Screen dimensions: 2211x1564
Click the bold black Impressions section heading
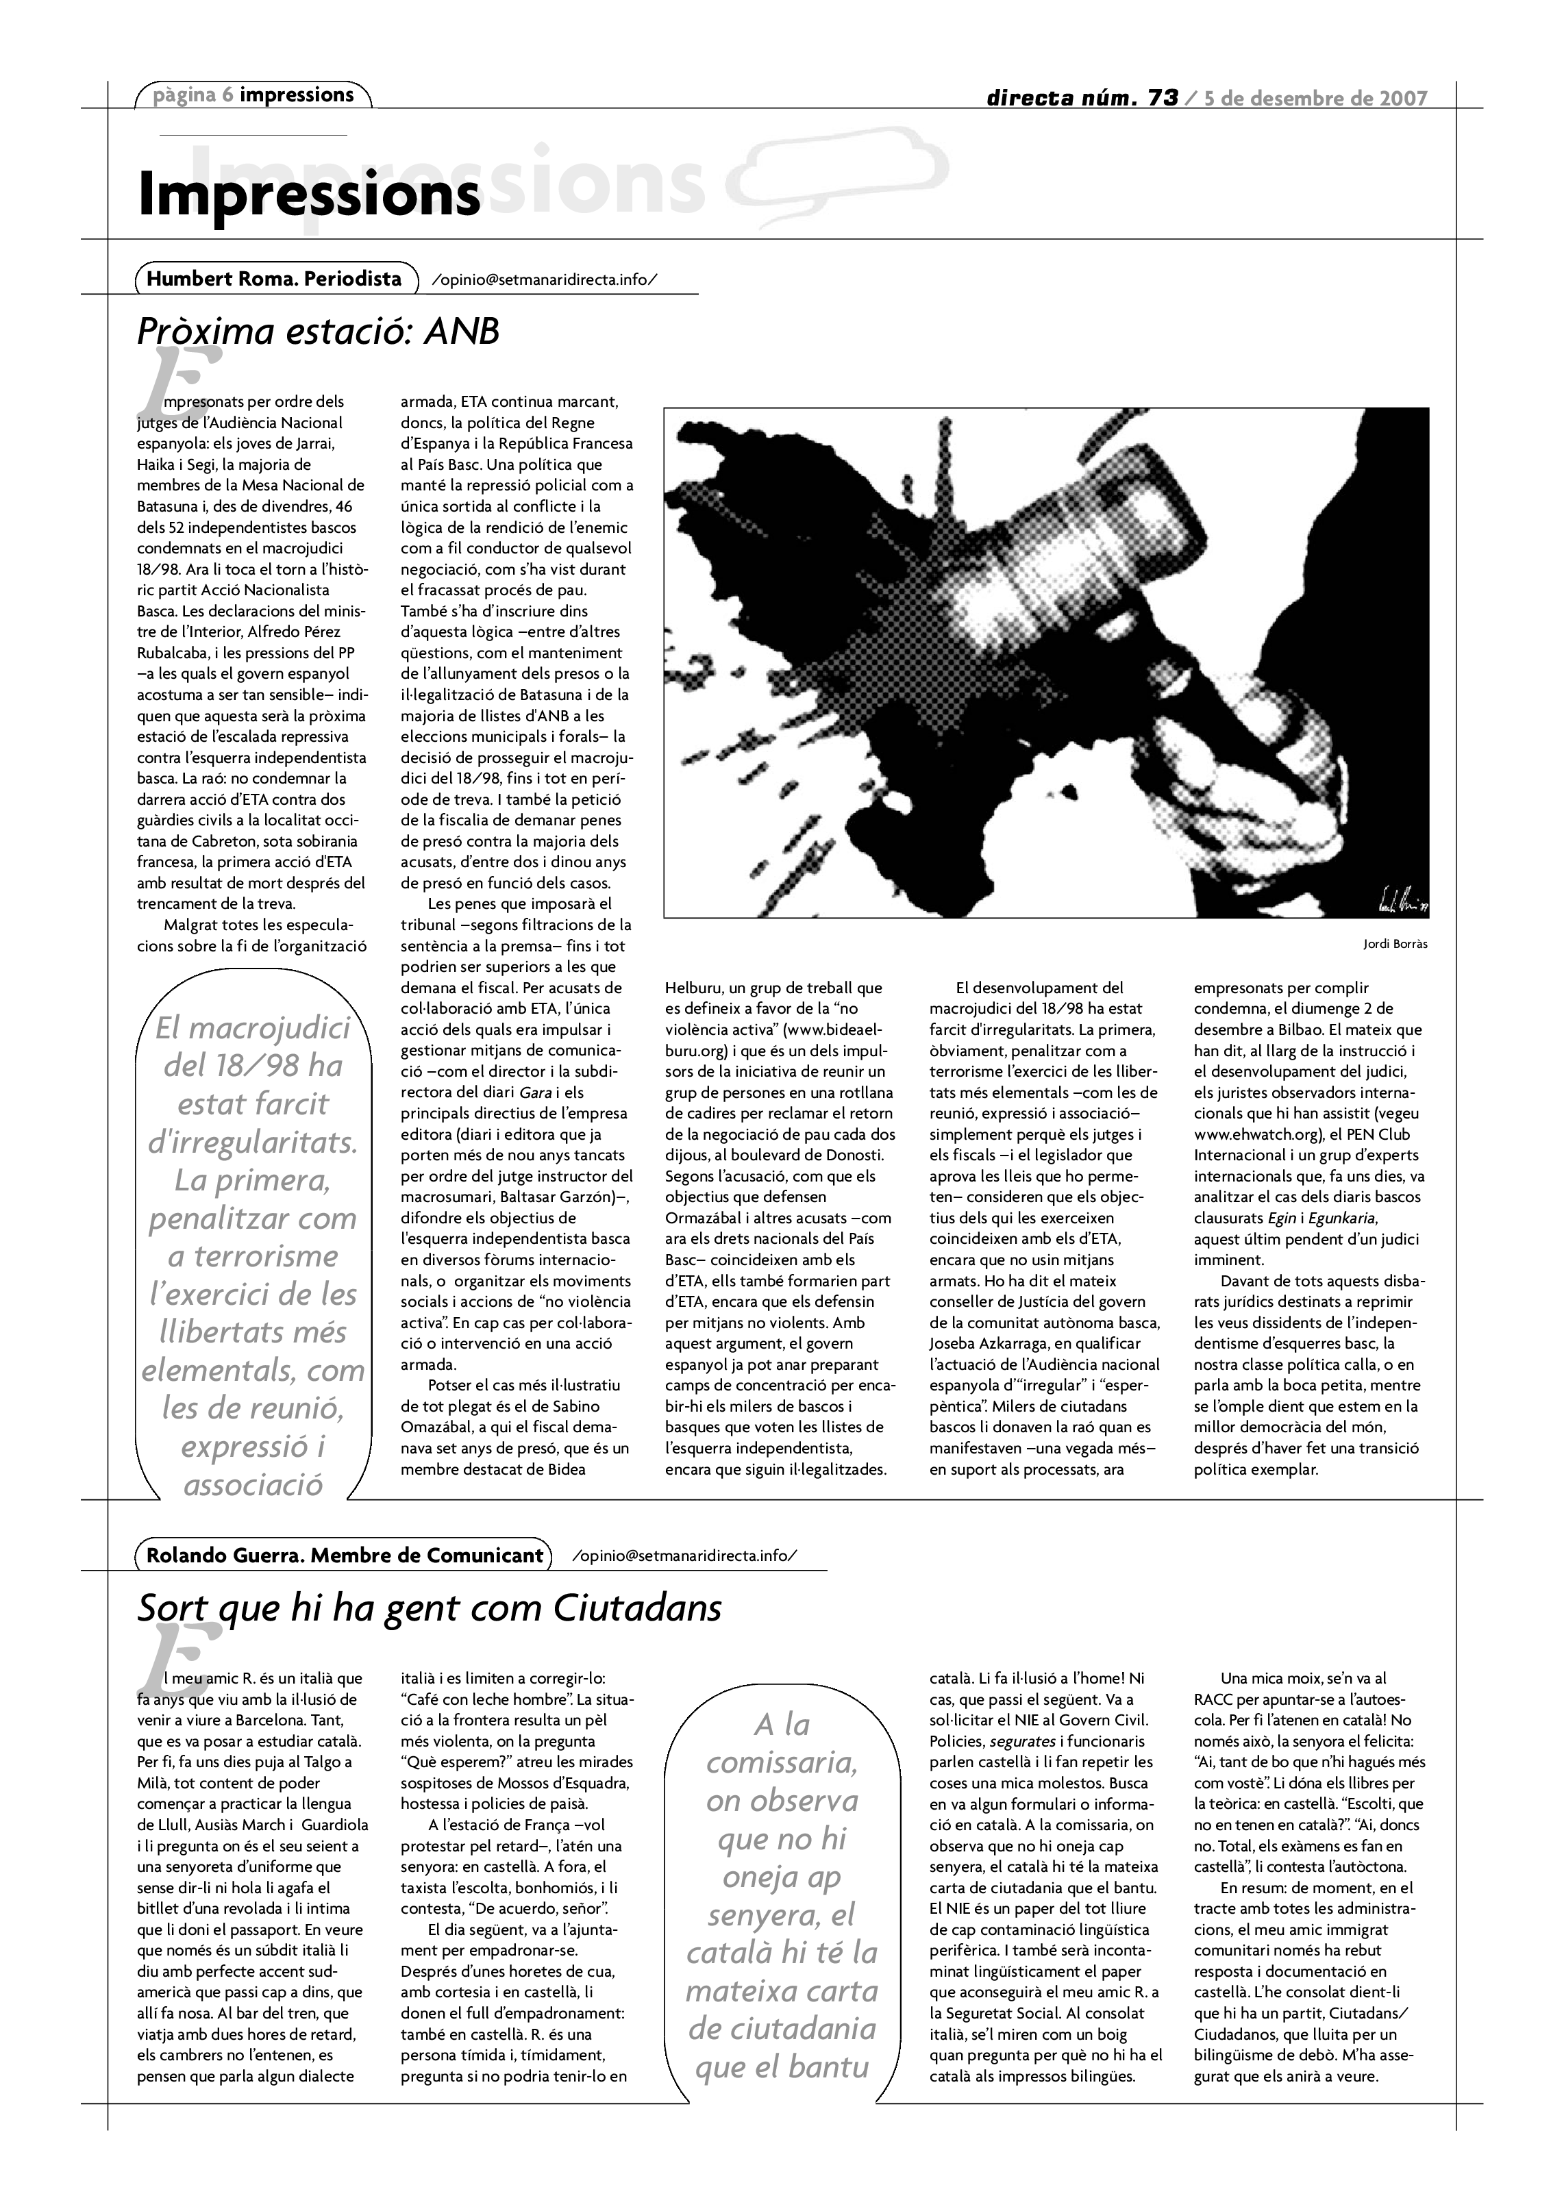tap(308, 195)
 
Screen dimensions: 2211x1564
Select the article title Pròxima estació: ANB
tap(319, 332)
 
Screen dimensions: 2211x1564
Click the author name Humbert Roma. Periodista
tap(275, 279)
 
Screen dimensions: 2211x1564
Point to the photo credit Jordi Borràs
tap(1395, 944)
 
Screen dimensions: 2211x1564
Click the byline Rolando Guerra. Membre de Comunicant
tap(345, 1556)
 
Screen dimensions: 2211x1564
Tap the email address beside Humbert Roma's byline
tap(545, 280)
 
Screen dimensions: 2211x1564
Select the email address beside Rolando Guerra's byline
tap(685, 1556)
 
